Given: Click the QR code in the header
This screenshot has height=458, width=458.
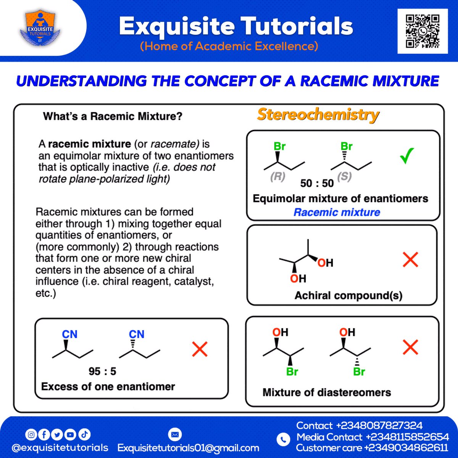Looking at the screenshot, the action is point(422,31).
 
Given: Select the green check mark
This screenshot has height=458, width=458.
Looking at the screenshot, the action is point(407,156).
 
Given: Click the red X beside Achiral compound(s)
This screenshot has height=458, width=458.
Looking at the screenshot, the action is point(411,260).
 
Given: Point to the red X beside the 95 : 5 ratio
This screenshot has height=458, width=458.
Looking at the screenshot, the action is point(200,349).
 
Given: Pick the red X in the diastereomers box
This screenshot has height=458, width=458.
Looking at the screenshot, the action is point(410,347).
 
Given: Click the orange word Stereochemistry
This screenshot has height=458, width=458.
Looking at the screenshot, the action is point(318,114).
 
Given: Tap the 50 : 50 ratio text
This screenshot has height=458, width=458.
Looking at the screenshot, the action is point(317,184).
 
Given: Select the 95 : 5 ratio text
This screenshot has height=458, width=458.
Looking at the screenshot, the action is point(102,371).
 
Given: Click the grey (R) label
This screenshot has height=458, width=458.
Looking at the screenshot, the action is point(277,177).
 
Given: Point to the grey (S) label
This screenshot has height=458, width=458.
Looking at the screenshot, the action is point(344,176).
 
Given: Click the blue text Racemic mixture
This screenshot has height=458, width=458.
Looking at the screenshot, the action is point(337,212).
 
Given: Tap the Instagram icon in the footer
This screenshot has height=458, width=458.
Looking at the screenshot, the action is point(31,434).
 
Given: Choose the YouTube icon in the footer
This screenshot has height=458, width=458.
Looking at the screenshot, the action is point(70,434).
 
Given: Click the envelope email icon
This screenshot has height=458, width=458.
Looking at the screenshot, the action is point(175,434).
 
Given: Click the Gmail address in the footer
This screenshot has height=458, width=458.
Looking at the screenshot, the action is point(188,448).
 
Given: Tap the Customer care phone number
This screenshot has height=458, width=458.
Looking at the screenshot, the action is point(406,448).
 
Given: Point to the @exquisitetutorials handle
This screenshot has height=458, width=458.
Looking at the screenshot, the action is point(60,448).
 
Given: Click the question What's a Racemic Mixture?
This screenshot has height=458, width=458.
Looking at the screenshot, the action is point(113,116).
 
